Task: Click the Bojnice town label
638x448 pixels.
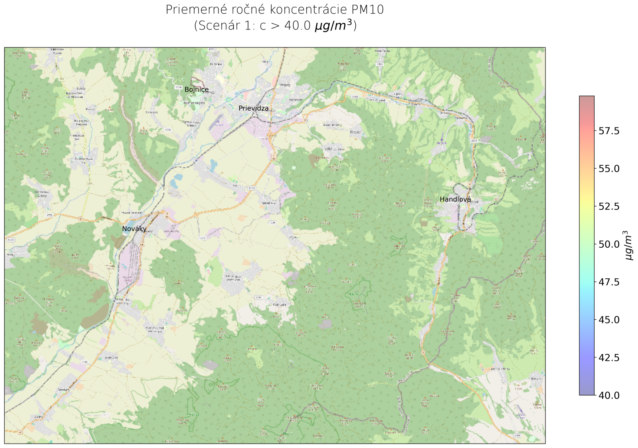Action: tap(196, 90)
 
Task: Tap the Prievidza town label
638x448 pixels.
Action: tap(254, 108)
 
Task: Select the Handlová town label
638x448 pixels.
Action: tap(455, 200)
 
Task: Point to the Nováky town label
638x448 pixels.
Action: tap(134, 229)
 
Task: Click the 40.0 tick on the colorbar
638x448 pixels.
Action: tap(609, 395)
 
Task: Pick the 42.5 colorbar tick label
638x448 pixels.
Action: tap(609, 358)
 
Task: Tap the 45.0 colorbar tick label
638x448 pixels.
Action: tap(609, 320)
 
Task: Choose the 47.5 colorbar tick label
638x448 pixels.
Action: tap(609, 282)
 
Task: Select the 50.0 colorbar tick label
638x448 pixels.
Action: tap(609, 244)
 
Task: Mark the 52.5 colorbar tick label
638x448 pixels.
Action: tap(609, 206)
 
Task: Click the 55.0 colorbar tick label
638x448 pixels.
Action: tap(609, 168)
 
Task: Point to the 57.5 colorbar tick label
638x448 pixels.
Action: tap(609, 131)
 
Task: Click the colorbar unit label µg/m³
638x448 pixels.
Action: tap(629, 245)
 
